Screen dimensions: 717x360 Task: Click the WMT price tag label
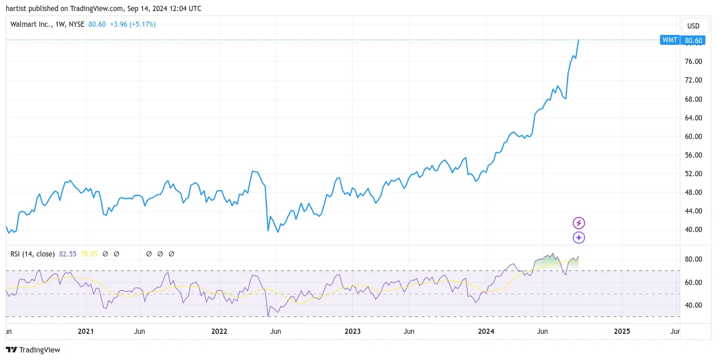click(x=670, y=40)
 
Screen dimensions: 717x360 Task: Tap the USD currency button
click(x=693, y=26)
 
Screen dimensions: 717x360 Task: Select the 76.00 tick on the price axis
click(x=693, y=62)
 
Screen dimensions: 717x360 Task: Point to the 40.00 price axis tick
click(x=693, y=230)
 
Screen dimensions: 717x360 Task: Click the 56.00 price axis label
click(x=693, y=155)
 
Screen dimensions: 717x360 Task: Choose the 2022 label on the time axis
click(x=219, y=331)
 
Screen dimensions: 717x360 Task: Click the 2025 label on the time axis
click(x=622, y=331)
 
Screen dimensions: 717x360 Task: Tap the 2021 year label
click(x=86, y=331)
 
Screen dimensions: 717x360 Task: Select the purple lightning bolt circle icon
click(x=579, y=223)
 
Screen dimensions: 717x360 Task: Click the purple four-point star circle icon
click(x=579, y=237)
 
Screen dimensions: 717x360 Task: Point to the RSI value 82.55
click(x=67, y=254)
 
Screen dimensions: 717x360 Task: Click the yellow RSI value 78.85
click(x=89, y=254)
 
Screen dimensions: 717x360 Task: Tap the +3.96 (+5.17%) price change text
click(x=133, y=24)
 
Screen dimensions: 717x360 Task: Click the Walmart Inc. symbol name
click(x=31, y=24)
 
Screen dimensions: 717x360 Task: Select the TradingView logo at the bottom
click(x=33, y=350)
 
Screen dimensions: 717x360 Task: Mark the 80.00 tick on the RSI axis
click(x=693, y=259)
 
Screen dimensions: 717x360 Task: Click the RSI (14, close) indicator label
click(x=33, y=254)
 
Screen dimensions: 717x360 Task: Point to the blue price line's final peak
click(x=579, y=40)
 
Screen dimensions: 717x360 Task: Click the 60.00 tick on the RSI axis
click(x=693, y=282)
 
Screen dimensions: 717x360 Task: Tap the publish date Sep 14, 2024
click(x=147, y=9)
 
